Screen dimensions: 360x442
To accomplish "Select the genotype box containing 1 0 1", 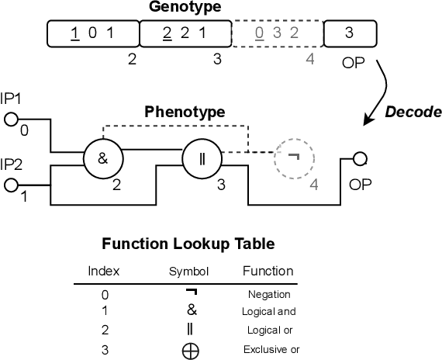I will tap(92, 33).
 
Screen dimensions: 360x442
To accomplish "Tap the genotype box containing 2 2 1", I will tap(185, 33).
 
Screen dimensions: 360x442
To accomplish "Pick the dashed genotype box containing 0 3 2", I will tap(277, 33).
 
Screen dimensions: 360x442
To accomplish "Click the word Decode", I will tap(413, 112).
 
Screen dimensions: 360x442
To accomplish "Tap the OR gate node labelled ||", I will tap(200, 159).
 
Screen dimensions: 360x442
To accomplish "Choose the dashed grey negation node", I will tap(293, 158).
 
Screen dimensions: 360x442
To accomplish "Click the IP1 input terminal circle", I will tap(11, 119).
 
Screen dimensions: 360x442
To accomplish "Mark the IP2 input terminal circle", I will tap(11, 185).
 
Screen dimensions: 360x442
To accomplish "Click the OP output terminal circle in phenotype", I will tap(360, 159).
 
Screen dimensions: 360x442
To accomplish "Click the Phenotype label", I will tap(185, 112).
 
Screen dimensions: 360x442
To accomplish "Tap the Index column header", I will tap(104, 271).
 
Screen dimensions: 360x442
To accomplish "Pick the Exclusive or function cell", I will tap(271, 349).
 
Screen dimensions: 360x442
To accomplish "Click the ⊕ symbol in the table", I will tap(190, 350).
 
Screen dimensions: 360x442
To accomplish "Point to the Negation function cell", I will tap(269, 294).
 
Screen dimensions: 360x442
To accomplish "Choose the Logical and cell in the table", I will tap(269, 312).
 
